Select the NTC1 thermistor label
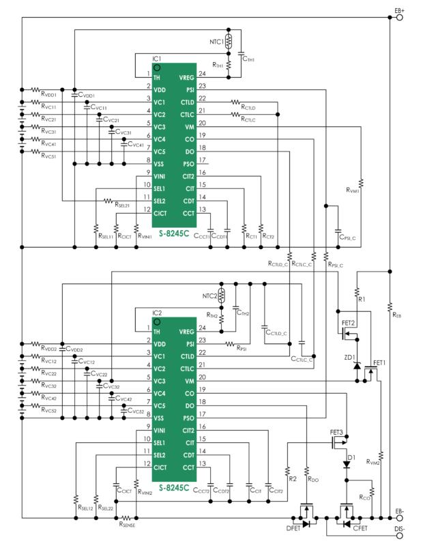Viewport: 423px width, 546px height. click(x=216, y=41)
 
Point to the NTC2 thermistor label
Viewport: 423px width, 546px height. click(x=211, y=296)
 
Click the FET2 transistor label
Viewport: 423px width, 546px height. click(x=348, y=323)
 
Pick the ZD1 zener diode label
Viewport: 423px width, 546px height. click(x=349, y=357)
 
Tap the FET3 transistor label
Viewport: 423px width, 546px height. click(x=336, y=433)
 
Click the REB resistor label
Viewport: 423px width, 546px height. click(x=398, y=315)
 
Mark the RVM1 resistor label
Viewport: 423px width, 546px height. click(x=353, y=190)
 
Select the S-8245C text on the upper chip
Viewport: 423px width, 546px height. click(x=174, y=235)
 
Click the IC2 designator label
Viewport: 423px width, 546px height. click(x=157, y=313)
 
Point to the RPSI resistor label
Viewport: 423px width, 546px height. click(x=242, y=349)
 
